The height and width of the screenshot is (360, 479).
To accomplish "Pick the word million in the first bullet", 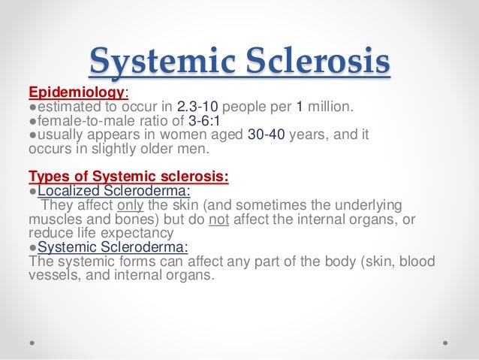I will click(x=327, y=107).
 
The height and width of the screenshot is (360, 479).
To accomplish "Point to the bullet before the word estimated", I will click(x=31, y=107).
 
